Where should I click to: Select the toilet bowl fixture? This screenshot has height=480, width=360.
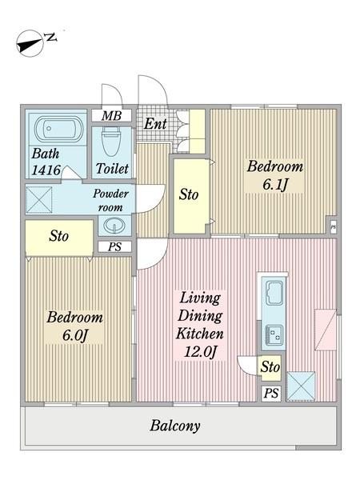coord(111,143)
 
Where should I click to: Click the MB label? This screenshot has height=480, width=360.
coord(111,116)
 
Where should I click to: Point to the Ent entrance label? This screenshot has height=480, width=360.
coord(155,124)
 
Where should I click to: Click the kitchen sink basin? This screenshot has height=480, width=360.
coord(272,292)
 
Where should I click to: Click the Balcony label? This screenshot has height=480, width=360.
coord(174,426)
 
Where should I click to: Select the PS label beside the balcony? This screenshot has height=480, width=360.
coord(271,393)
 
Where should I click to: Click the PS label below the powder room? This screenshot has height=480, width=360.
coord(115,246)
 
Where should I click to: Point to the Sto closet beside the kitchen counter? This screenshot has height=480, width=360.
coord(270,368)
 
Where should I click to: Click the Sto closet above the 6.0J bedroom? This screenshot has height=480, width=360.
coord(58,236)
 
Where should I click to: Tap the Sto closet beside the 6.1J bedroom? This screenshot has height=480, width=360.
coord(189,194)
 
